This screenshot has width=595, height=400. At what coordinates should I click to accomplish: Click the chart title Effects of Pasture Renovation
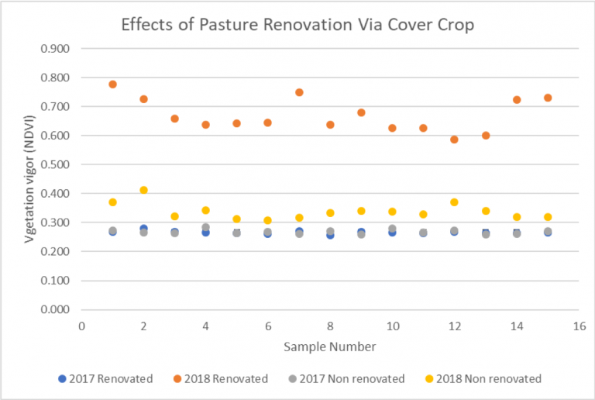297,23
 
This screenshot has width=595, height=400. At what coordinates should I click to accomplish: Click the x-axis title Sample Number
329,347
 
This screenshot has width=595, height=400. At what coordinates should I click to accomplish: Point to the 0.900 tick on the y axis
54,49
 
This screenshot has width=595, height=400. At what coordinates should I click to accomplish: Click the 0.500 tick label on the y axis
54,165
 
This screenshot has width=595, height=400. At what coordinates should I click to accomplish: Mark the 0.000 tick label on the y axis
54,310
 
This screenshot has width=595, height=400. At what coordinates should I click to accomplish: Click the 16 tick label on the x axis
579,326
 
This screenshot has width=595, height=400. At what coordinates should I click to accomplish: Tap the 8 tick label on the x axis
330,326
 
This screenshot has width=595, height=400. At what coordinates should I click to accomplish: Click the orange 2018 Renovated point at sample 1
112,84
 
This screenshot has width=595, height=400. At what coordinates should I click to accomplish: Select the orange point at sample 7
299,92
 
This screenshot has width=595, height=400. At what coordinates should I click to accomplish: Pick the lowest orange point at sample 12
454,140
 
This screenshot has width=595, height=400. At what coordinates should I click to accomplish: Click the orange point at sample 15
548,98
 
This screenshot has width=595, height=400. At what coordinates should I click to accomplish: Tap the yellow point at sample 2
143,190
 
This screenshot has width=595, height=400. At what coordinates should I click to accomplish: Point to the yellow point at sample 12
454,202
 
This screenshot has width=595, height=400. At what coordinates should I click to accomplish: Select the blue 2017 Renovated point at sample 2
143,229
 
